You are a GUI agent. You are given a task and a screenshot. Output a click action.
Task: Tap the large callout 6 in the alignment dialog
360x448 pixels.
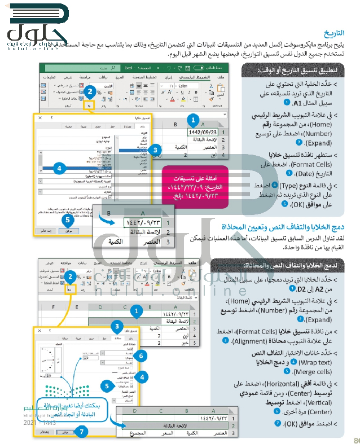tap(142, 355)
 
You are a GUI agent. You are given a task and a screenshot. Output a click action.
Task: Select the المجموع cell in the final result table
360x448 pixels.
tap(134, 433)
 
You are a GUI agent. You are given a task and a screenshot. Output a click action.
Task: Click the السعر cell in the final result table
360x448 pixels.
tap(164, 433)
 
